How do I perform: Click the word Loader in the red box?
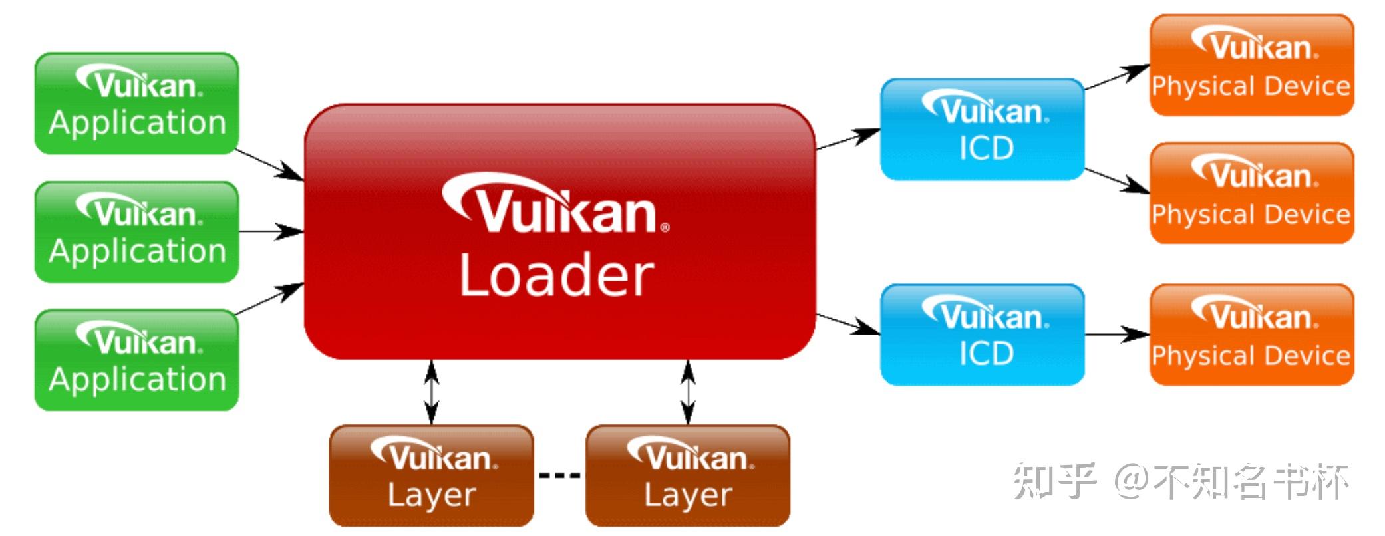[557, 275]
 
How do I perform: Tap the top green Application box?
[136, 104]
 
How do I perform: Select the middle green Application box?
[136, 232]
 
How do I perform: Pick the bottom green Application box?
[136, 360]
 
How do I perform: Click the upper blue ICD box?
[983, 129]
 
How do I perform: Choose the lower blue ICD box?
[983, 335]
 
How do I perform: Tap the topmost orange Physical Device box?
[1252, 65]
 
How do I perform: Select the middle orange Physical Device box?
[1252, 193]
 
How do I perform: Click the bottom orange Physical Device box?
[1252, 335]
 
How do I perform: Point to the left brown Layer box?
[432, 475]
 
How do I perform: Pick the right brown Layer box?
[688, 475]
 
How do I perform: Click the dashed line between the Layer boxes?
[559, 475]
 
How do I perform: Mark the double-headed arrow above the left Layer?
[432, 392]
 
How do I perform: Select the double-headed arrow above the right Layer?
[688, 392]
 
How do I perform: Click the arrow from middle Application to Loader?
[271, 231]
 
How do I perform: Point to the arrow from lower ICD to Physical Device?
[1118, 335]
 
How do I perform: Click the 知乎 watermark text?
[1054, 481]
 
